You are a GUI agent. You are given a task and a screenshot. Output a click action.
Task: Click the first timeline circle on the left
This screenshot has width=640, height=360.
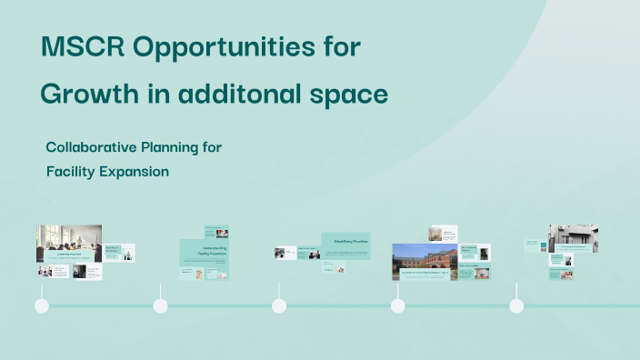(x=42, y=305)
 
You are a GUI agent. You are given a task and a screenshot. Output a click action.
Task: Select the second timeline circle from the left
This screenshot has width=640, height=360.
(x=161, y=305)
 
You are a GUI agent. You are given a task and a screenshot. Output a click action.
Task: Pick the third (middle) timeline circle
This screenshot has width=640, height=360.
(x=279, y=305)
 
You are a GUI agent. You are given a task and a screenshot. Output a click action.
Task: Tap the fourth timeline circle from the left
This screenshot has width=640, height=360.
(x=398, y=305)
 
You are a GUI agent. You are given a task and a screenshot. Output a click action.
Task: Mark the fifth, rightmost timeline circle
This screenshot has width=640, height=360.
(x=516, y=305)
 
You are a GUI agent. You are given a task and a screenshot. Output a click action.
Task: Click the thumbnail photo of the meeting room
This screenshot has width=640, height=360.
(x=68, y=240)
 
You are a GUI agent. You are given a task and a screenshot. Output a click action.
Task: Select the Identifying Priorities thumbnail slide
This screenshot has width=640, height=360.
(x=345, y=246)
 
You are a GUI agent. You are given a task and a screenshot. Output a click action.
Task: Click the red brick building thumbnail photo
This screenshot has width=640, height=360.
(x=424, y=259)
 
